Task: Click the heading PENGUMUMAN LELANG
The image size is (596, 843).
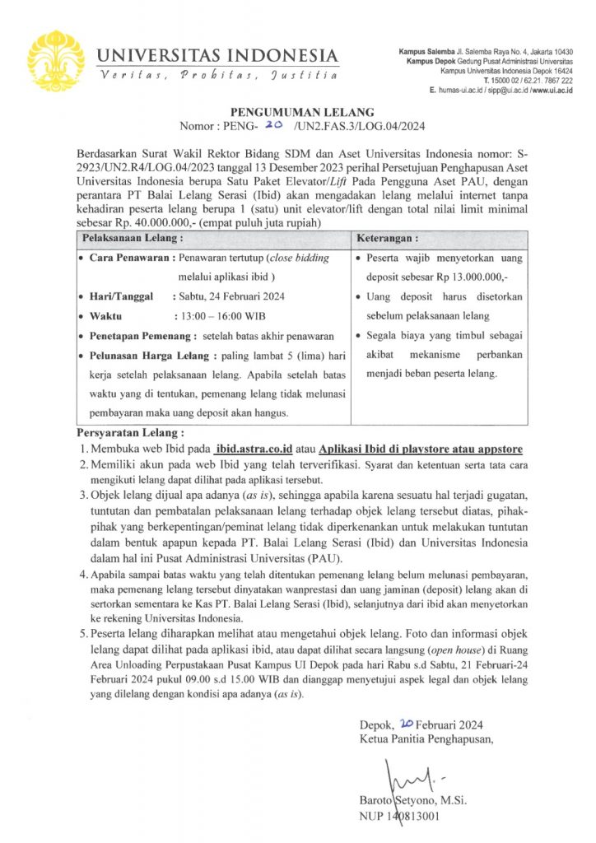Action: (x=297, y=112)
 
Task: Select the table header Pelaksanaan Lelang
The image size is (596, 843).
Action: (x=130, y=238)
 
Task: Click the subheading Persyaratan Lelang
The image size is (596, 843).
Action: (x=130, y=432)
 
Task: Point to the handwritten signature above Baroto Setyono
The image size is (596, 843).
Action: (x=403, y=776)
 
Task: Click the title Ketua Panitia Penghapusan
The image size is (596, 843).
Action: (x=426, y=738)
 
